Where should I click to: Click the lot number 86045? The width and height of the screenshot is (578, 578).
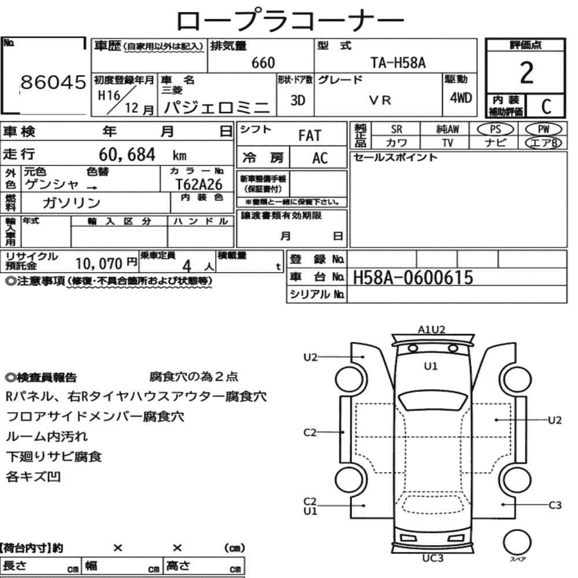tap(53, 82)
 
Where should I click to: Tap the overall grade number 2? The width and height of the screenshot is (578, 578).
tap(527, 73)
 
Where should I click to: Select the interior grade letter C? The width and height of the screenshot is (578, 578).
tap(546, 106)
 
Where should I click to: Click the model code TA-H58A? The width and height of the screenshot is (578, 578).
tap(398, 63)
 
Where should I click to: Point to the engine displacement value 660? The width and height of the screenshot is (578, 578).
tap(263, 63)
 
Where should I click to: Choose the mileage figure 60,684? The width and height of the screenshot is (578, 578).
tap(127, 154)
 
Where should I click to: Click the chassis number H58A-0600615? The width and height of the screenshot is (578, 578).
tap(413, 277)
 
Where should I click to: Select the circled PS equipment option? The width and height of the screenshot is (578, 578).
tap(495, 129)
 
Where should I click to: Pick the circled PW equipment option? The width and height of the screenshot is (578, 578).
tap(543, 129)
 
